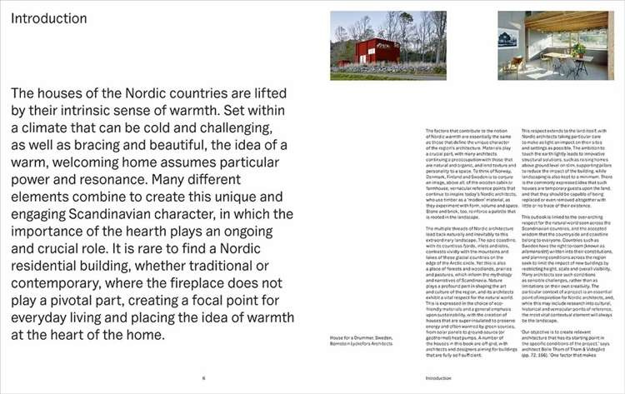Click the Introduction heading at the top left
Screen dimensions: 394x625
point(49,17)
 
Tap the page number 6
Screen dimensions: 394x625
point(203,377)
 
